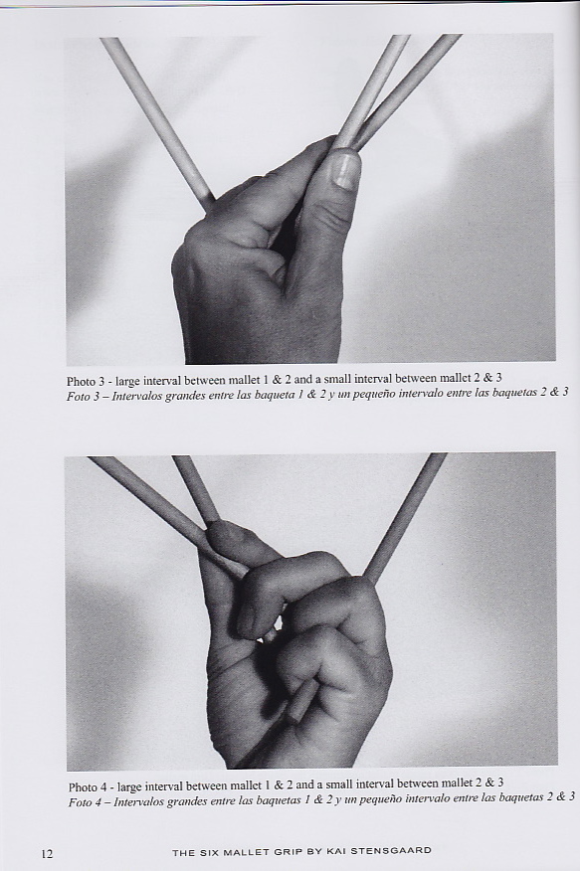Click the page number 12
[x=47, y=853]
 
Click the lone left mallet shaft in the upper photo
[x=156, y=123]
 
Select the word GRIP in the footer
[x=289, y=851]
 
